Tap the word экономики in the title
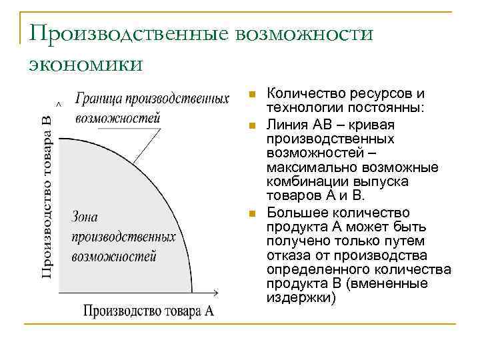coord(85,64)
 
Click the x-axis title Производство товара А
coord(149,311)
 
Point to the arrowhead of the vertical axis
coord(60,105)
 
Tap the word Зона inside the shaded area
coord(85,217)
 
